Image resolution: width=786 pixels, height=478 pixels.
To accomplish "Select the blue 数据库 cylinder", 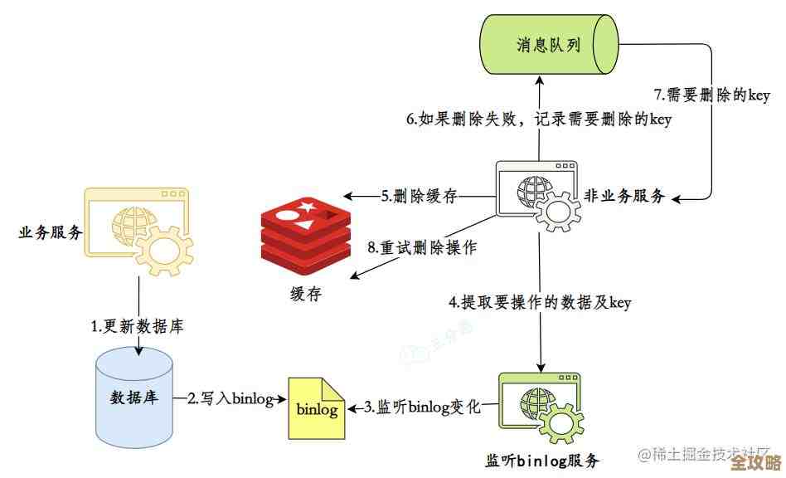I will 134,396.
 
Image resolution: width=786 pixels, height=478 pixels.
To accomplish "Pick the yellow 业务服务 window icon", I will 138,232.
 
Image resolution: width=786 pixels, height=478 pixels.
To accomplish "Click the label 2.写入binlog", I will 230,399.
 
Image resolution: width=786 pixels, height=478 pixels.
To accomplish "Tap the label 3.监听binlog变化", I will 421,407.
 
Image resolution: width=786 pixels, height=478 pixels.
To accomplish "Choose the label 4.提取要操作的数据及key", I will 540,303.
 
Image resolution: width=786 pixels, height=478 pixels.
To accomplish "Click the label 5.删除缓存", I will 420,197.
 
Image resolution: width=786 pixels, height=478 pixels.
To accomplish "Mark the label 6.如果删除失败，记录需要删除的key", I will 538,119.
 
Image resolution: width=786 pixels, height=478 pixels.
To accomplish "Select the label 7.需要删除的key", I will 711,95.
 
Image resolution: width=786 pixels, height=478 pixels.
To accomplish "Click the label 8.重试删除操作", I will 421,247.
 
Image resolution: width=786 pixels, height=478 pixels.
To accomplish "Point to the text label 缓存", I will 304,294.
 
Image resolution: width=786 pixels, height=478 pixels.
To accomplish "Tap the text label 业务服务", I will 50,232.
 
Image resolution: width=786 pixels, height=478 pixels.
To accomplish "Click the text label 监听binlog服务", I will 541,460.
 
